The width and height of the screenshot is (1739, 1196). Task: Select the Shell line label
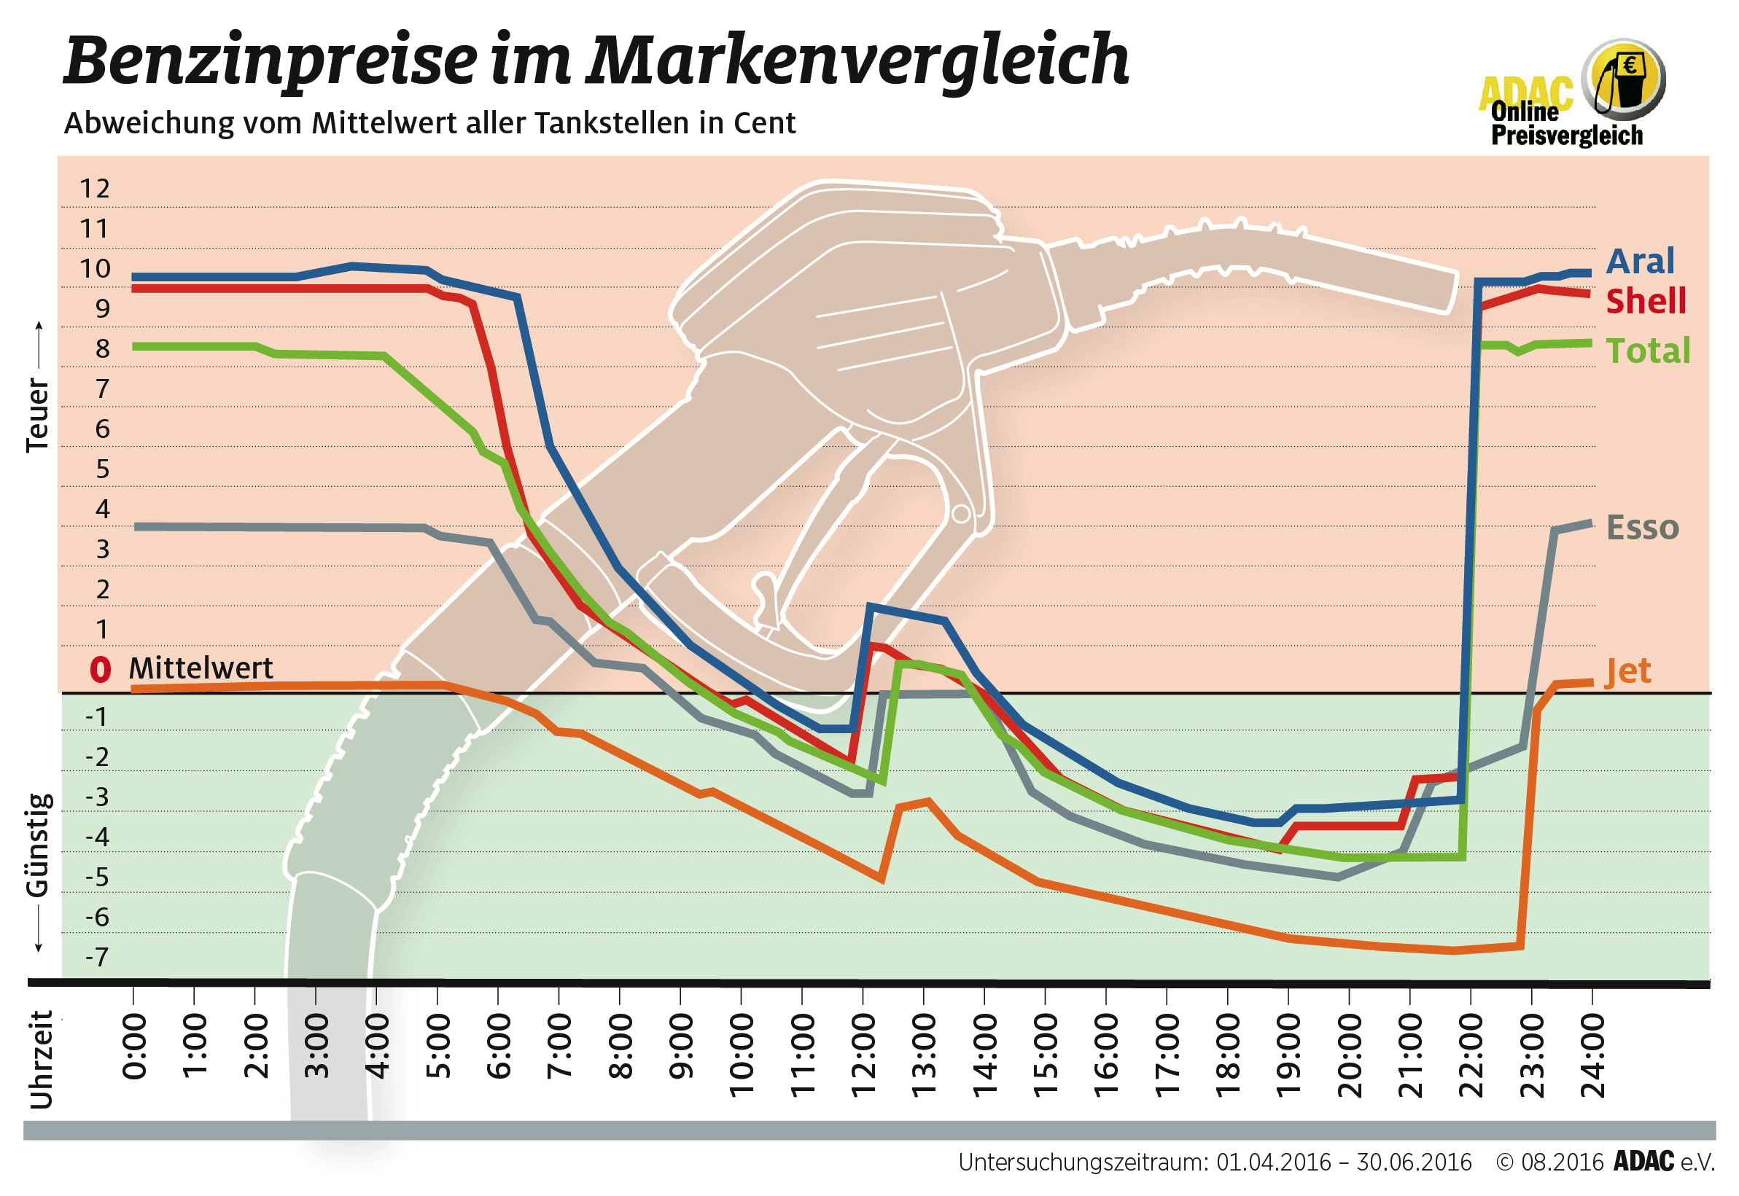(x=1644, y=301)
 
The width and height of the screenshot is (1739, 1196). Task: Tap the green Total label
(x=1647, y=351)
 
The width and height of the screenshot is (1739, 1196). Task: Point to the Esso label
(x=1641, y=528)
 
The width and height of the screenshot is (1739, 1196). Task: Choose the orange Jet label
(x=1627, y=671)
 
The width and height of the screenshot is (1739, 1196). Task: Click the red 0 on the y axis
(x=100, y=669)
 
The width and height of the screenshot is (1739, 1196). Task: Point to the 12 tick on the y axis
(x=95, y=188)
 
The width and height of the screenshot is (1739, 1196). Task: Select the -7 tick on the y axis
(x=97, y=957)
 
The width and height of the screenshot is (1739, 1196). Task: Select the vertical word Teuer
(x=37, y=415)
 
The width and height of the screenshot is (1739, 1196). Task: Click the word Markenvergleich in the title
(x=857, y=60)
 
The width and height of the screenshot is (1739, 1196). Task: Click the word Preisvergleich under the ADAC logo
(x=1566, y=135)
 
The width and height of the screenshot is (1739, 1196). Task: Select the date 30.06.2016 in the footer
(x=1414, y=1162)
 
